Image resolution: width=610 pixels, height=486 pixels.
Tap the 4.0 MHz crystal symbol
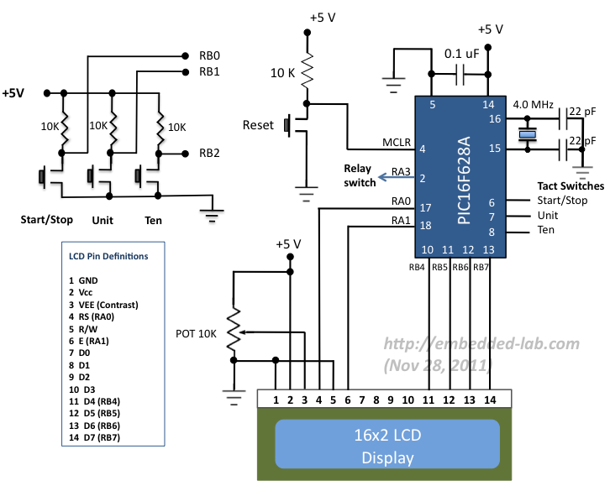[528, 134]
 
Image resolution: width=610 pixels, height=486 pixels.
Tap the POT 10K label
[197, 333]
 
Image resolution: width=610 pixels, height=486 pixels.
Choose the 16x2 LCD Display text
[387, 447]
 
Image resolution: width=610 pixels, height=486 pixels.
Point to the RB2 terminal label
[209, 153]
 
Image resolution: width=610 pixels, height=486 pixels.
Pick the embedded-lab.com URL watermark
[481, 343]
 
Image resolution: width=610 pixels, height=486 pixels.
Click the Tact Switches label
[570, 186]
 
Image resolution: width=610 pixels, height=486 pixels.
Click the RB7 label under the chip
[481, 268]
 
